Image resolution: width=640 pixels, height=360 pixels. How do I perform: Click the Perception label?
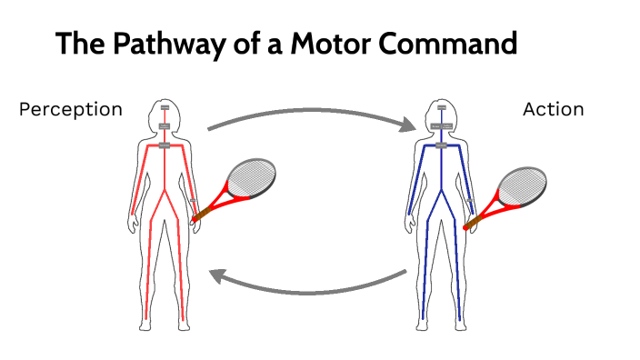71,109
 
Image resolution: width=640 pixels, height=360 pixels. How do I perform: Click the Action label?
553,109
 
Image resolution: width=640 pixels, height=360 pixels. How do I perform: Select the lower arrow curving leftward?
309,289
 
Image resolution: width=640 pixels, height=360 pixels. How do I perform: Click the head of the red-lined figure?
165,113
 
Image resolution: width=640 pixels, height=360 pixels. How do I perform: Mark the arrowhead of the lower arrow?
215,274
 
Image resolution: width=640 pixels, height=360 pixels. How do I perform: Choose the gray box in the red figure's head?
165,108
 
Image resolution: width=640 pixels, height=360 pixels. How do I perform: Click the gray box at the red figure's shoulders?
165,144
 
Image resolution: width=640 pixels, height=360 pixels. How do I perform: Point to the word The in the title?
81,44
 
